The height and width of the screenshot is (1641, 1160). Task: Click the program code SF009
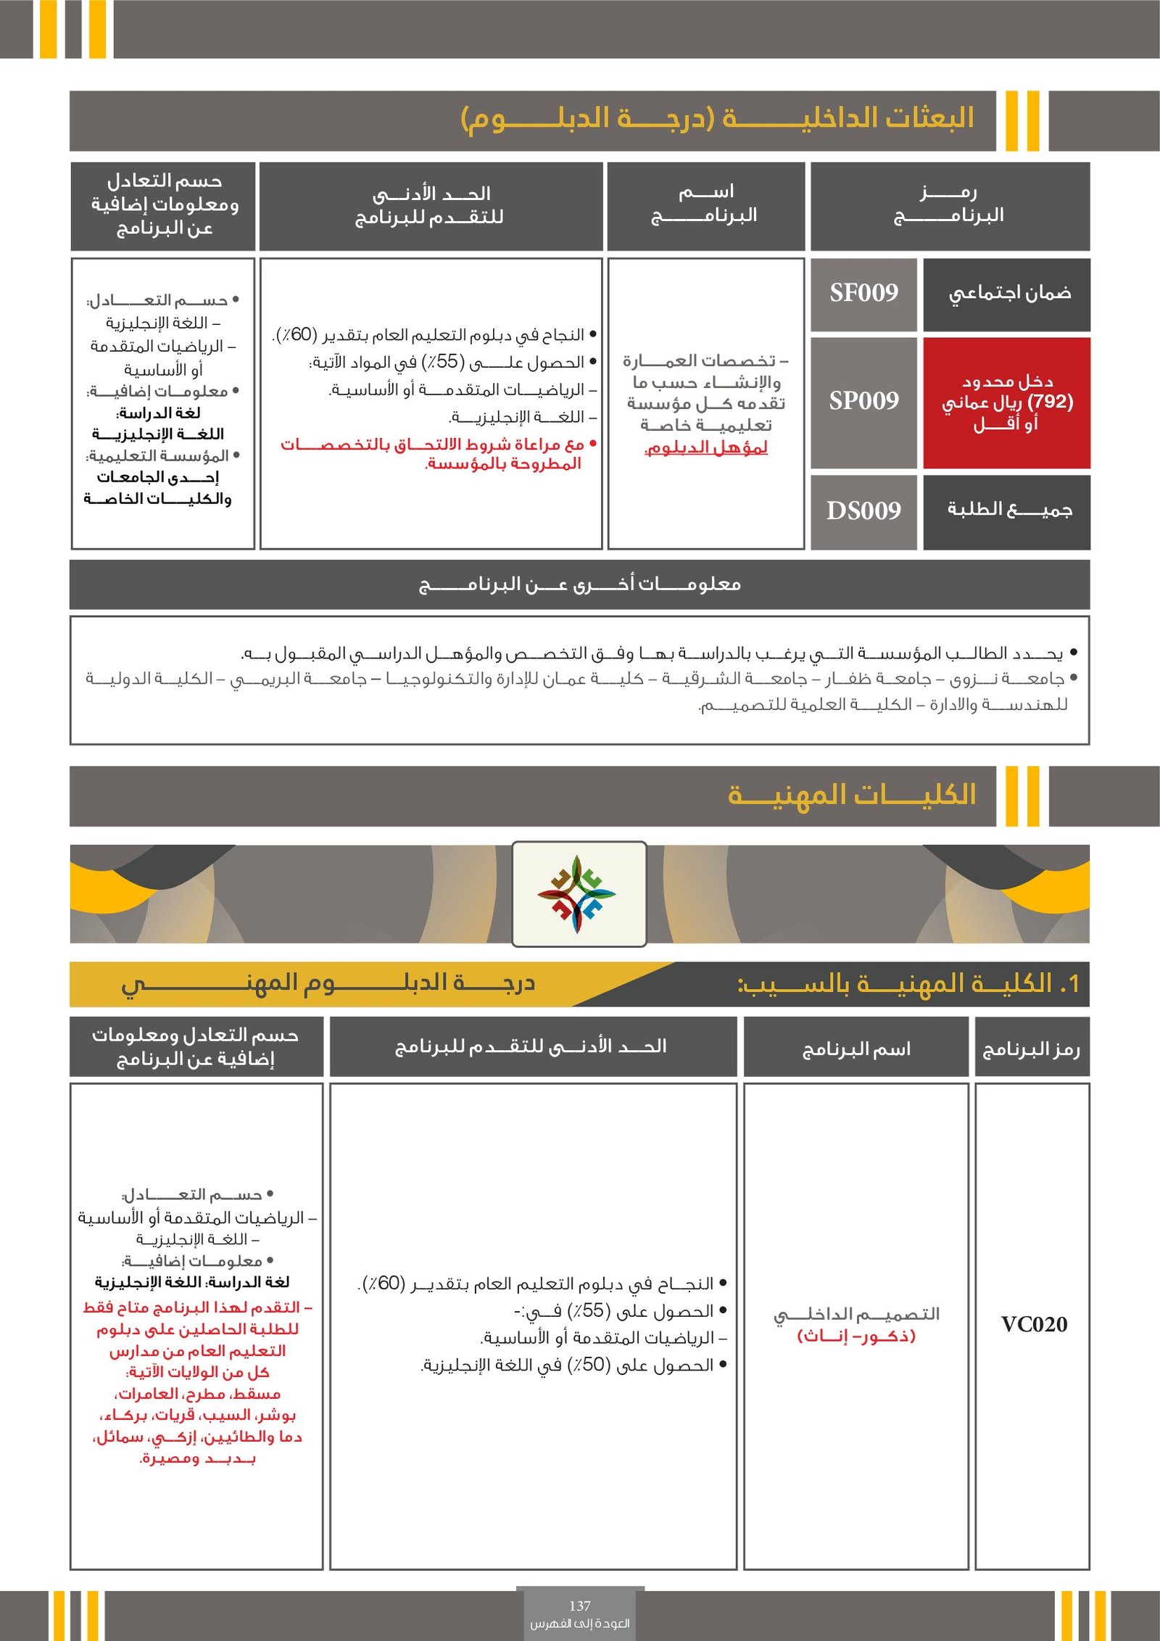point(863,293)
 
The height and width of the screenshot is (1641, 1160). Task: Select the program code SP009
point(863,401)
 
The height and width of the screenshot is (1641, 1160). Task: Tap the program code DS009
point(863,511)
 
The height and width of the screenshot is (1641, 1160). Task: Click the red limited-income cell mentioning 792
point(1006,402)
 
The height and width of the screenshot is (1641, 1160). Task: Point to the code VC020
point(1033,1325)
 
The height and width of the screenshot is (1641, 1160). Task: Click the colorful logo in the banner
point(578,894)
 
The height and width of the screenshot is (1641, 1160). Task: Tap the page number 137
point(579,1605)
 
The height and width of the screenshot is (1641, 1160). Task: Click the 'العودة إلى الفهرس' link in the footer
point(579,1623)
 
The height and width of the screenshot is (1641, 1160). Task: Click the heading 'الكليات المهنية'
point(851,795)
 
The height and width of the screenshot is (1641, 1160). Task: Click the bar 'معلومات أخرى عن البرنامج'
point(579,584)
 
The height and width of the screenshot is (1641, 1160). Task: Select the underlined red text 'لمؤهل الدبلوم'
point(705,448)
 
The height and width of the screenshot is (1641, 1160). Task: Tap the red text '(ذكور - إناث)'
point(856,1336)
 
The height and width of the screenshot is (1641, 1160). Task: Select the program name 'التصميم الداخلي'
point(856,1314)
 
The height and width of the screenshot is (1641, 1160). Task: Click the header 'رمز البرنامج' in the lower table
point(1031,1049)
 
